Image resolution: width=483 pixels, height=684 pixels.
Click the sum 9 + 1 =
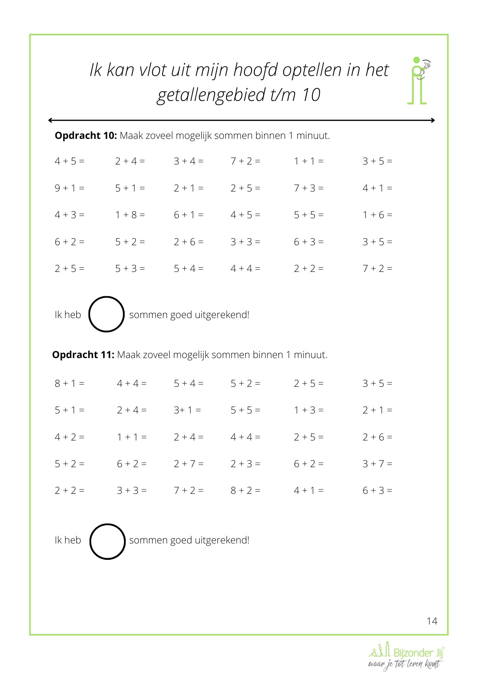(x=69, y=188)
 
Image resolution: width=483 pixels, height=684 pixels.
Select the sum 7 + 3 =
(x=308, y=188)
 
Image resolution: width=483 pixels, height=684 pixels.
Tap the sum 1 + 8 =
(x=130, y=215)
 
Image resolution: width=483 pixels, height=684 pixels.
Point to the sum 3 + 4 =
(x=188, y=161)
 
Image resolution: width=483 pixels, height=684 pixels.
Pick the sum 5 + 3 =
(x=130, y=268)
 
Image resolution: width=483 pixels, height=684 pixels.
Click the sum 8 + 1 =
(x=69, y=383)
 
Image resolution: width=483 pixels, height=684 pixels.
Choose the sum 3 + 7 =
(x=377, y=464)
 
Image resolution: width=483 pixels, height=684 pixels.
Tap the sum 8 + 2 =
(x=245, y=490)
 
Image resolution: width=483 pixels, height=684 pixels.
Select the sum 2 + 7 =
(x=188, y=464)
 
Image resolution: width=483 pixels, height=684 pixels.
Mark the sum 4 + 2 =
(x=69, y=437)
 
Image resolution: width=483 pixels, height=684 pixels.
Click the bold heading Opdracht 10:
(x=86, y=136)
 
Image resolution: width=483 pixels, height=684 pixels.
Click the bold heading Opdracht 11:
(x=83, y=355)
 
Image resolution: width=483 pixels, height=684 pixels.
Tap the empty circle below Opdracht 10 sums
(x=106, y=314)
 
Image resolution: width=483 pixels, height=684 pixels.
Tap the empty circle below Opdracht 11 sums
(x=107, y=541)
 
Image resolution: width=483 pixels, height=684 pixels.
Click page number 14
(x=432, y=621)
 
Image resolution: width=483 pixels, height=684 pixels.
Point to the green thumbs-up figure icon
(x=418, y=80)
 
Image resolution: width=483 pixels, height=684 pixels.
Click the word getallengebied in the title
(x=211, y=95)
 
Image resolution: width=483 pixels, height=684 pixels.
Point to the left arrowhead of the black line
(x=50, y=120)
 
